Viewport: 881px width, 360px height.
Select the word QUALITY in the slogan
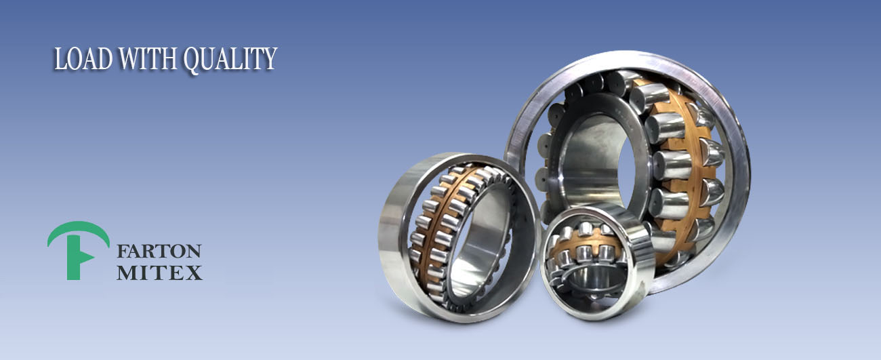(x=230, y=60)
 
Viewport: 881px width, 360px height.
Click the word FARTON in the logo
(x=159, y=251)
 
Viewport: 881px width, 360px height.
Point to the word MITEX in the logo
(x=160, y=273)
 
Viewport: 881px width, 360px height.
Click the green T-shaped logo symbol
(x=78, y=250)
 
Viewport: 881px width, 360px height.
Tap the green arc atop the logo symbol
(x=78, y=232)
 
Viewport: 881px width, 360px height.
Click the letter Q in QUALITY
(x=192, y=61)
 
